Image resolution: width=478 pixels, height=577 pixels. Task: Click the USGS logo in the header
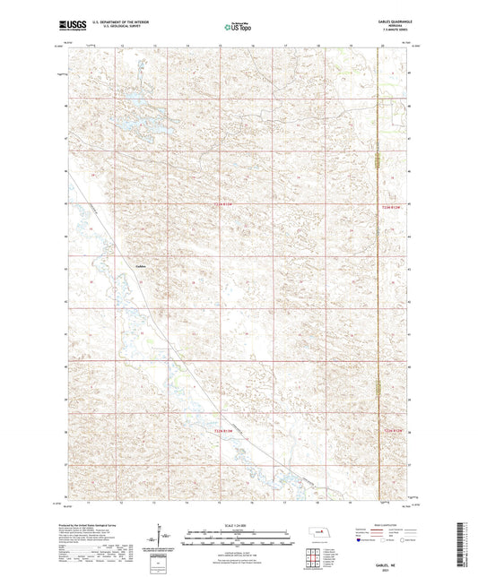pyautogui.click(x=73, y=27)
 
